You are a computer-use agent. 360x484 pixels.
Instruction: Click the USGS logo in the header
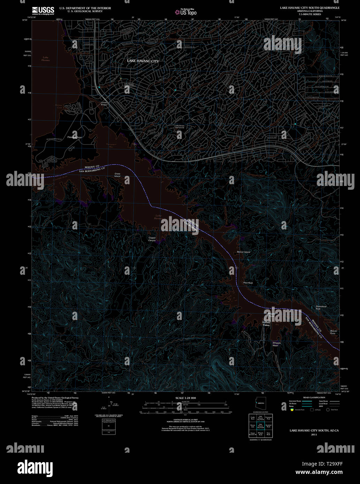pyautogui.click(x=43, y=11)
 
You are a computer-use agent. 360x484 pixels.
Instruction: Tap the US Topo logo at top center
pyautogui.click(x=186, y=12)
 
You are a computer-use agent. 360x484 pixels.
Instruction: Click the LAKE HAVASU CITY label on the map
pyautogui.click(x=143, y=61)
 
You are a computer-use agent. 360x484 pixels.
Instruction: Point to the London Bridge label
pyautogui.click(x=104, y=103)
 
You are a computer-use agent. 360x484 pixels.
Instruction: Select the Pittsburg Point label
pyautogui.click(x=75, y=137)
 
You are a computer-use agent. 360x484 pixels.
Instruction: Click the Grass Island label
pyautogui.click(x=117, y=175)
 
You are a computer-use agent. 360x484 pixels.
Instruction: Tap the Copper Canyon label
pyautogui.click(x=152, y=239)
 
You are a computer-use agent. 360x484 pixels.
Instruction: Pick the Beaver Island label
pyautogui.click(x=243, y=252)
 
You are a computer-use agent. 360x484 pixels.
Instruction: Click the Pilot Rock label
pyautogui.click(x=248, y=283)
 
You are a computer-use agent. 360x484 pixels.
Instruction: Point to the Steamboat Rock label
pyautogui.click(x=321, y=307)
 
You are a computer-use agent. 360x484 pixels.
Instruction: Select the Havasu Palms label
pyautogui.click(x=266, y=324)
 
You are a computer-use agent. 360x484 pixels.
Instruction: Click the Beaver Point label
pyautogui.click(x=334, y=332)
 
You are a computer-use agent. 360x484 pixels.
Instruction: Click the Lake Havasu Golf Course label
pyautogui.click(x=179, y=126)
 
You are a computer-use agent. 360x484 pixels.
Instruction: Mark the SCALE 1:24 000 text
pyautogui.click(x=185, y=398)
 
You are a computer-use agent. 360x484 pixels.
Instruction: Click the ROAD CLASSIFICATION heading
pyautogui.click(x=314, y=397)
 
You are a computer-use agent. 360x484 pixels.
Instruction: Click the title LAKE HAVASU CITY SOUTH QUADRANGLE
pyautogui.click(x=309, y=7)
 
